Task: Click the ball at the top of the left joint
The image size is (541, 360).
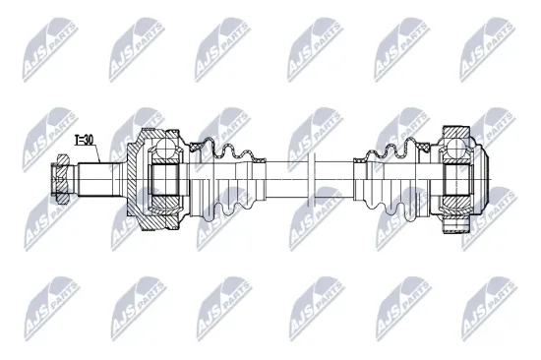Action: click(163, 149)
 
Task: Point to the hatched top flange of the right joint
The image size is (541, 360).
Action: click(458, 132)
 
